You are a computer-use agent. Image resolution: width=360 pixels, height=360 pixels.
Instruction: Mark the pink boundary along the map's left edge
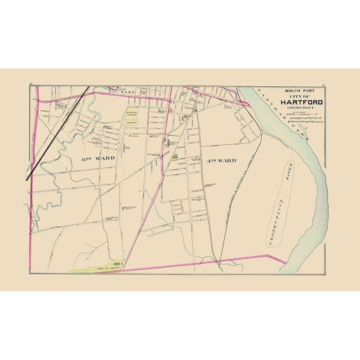[x=29, y=187]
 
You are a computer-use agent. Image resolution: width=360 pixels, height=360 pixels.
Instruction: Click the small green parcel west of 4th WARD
[x=175, y=157]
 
